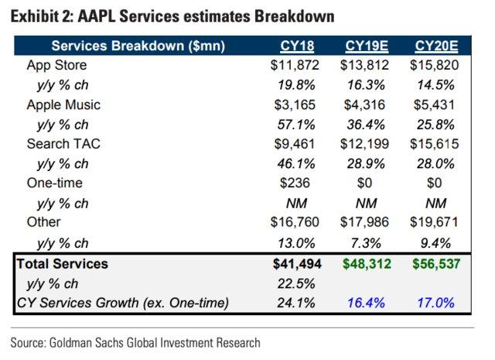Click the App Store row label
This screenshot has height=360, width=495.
point(56,65)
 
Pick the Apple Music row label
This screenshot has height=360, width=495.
point(63,105)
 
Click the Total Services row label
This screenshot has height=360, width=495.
point(63,264)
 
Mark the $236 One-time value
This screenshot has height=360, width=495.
point(297,183)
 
